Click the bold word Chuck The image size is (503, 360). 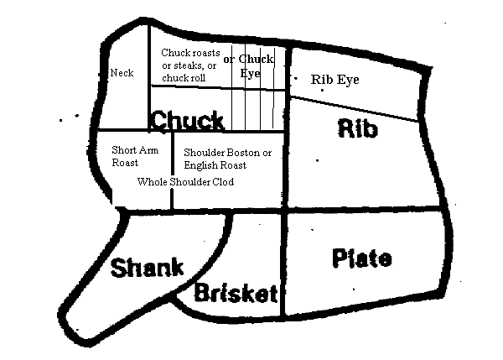[187, 120]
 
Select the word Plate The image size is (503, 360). [360, 258]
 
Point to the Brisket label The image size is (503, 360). [236, 293]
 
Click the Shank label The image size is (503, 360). [147, 269]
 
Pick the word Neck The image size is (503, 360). [122, 73]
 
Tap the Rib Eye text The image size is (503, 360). [334, 80]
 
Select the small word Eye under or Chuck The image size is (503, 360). [250, 73]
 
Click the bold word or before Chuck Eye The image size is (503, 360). [228, 60]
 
